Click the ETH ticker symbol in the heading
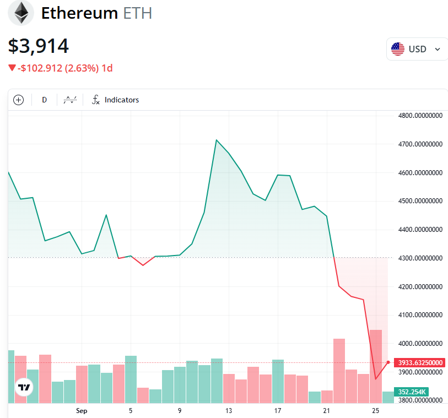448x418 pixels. tap(137, 13)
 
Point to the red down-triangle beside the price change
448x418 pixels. tap(12, 68)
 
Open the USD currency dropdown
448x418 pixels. tap(417, 49)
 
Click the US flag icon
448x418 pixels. tap(397, 49)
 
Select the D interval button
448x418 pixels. tap(45, 100)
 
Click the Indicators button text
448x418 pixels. tap(121, 100)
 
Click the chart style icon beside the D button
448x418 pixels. tap(70, 100)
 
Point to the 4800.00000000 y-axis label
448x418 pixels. tap(420, 116)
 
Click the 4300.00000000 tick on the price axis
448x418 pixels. tap(420, 258)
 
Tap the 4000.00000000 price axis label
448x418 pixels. tap(420, 344)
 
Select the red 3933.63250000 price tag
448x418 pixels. tap(419, 362)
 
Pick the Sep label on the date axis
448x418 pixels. tap(82, 410)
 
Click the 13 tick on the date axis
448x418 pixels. tap(229, 410)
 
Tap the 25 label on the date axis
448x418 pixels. tap(376, 410)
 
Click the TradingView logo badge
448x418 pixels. tap(24, 387)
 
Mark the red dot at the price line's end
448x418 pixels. tap(388, 362)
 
